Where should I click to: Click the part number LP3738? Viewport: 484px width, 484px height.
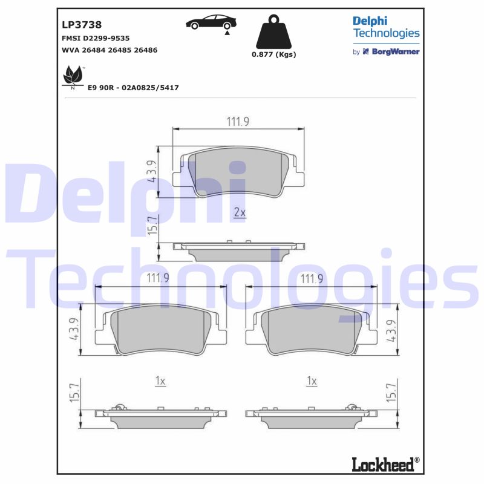pos(81,25)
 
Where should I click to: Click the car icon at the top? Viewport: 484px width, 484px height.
pos(211,24)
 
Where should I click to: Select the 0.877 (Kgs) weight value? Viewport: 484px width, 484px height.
pos(273,54)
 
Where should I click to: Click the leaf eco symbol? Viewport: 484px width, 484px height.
pos(73,77)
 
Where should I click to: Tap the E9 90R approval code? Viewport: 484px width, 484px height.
pos(133,88)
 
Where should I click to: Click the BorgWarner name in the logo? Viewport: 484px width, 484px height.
pos(395,52)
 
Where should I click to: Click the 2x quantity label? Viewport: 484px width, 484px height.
pos(239,212)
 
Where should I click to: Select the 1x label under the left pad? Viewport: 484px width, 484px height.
pos(160,381)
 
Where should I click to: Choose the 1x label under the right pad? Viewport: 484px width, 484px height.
pos(312,381)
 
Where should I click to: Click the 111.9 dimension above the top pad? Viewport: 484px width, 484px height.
pos(238,122)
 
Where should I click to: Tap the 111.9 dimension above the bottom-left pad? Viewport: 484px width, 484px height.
pos(158,278)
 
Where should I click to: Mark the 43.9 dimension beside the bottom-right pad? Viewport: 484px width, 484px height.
pos(393,330)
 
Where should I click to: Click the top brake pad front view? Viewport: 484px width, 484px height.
pos(238,172)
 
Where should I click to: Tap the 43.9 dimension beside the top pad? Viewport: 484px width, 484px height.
pos(153,172)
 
